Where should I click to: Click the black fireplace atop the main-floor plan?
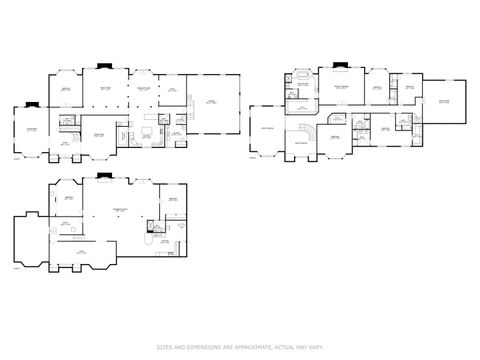point(103,67)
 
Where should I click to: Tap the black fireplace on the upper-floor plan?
point(337,67)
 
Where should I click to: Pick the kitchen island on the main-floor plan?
point(147,129)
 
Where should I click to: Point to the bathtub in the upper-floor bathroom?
point(300,76)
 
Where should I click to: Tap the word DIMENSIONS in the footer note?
point(199,348)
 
